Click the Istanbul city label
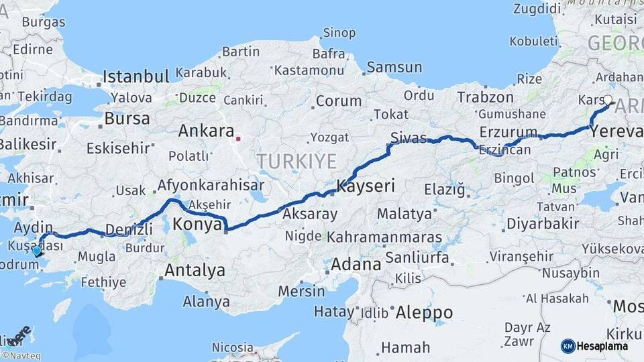136,76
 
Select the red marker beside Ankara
238,139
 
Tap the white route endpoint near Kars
608,101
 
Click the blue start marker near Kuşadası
36,251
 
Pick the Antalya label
195,271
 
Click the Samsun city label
394,67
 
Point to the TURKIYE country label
296,161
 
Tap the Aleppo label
424,312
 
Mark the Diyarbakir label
540,223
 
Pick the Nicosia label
233,347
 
